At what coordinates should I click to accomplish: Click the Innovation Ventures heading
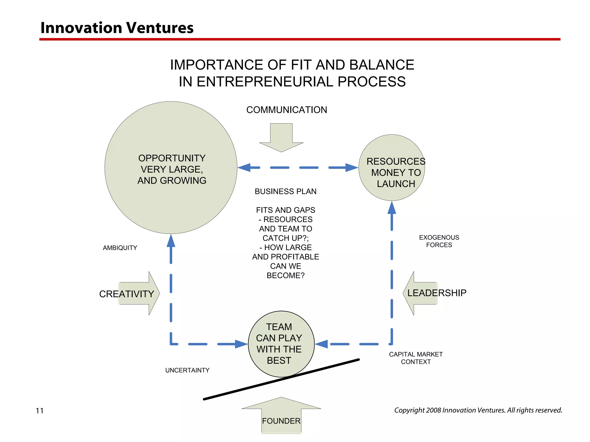click(x=117, y=28)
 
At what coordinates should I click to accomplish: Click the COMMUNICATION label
click(x=286, y=110)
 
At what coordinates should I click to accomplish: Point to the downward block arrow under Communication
click(x=281, y=138)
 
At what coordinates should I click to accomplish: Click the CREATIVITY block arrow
click(x=138, y=294)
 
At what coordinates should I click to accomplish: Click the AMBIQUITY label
click(x=120, y=248)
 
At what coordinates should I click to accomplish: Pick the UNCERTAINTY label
click(x=187, y=370)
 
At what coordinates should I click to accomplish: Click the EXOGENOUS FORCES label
click(x=439, y=241)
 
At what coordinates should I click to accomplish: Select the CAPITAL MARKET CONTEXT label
click(x=416, y=358)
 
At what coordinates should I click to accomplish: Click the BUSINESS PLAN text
click(x=285, y=192)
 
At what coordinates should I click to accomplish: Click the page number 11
click(x=40, y=411)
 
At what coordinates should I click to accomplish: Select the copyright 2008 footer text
click(x=478, y=410)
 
